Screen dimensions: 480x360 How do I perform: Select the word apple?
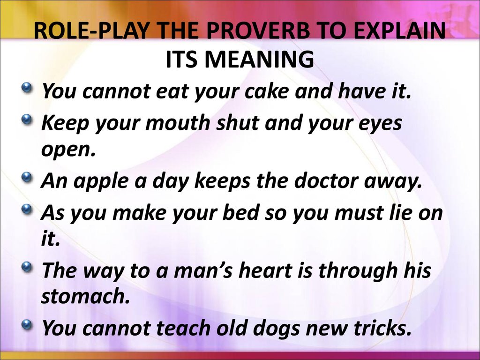100,181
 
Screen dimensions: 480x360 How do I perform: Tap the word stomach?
85,296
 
